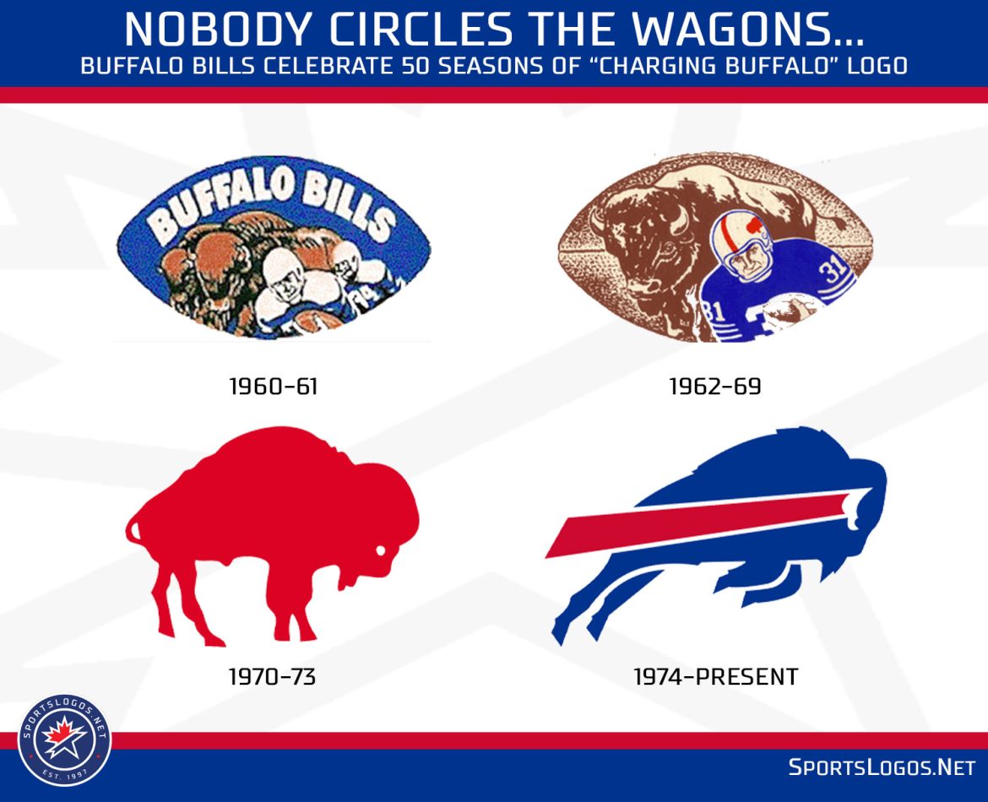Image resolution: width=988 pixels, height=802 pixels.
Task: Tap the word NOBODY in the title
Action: pos(218,29)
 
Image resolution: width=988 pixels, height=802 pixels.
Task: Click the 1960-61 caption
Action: pos(273,386)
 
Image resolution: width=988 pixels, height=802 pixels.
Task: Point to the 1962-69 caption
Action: pos(715,386)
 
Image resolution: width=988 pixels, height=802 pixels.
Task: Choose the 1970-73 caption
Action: pos(272,676)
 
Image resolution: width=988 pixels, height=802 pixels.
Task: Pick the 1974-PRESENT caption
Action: pos(716,676)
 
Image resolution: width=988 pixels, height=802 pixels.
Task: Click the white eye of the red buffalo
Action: pos(381,550)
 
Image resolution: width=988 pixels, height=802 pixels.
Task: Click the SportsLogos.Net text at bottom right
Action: pos(882,767)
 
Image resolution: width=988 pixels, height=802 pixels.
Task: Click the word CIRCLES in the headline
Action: pos(421,29)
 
